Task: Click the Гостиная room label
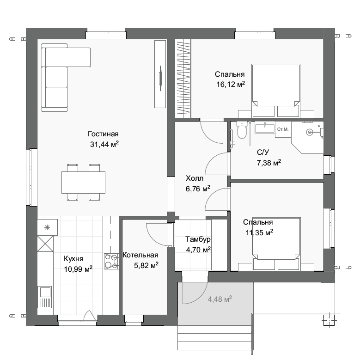pos(103,134)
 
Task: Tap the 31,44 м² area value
pos(104,144)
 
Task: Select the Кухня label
pos(73,259)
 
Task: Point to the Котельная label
pos(140,255)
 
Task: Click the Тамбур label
pos(198,239)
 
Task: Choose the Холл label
pos(195,178)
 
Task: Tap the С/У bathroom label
pos(263,152)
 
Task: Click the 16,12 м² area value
pos(231,84)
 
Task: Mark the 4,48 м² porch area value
pos(220,299)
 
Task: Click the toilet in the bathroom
pos(241,130)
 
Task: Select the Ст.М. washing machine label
pos(283,129)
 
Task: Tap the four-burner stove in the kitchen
pos(111,261)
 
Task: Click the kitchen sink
pos(46,297)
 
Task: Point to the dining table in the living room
pos(83,182)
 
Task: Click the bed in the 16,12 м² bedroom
pos(276,91)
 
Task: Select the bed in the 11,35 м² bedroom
pos(276,244)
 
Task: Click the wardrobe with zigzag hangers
pos(183,78)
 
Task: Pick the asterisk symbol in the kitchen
pos(47,227)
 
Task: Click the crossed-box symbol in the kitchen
pos(45,244)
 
